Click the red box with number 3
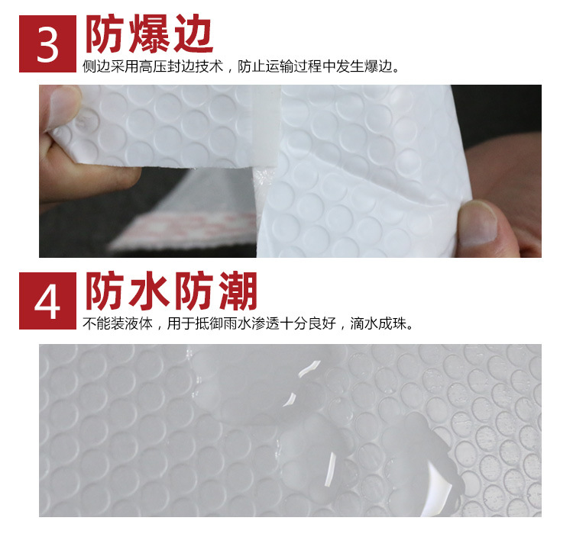pyautogui.click(x=47, y=43)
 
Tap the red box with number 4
pyautogui.click(x=47, y=301)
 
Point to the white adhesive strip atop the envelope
pyautogui.click(x=264, y=130)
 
